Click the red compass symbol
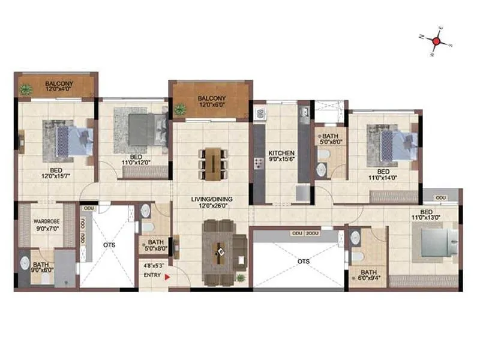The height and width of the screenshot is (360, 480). [438, 41]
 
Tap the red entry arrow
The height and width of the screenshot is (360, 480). [167, 277]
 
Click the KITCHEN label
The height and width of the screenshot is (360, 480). [281, 153]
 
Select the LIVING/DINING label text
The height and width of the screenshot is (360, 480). [212, 199]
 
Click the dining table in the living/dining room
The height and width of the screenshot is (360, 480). [212, 163]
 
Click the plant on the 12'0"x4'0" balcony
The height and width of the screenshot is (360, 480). [26, 89]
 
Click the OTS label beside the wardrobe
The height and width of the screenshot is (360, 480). [109, 245]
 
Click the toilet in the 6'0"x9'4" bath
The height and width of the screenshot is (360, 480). [356, 256]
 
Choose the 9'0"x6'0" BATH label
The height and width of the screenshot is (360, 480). [41, 268]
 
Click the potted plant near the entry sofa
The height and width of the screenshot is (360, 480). [241, 278]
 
